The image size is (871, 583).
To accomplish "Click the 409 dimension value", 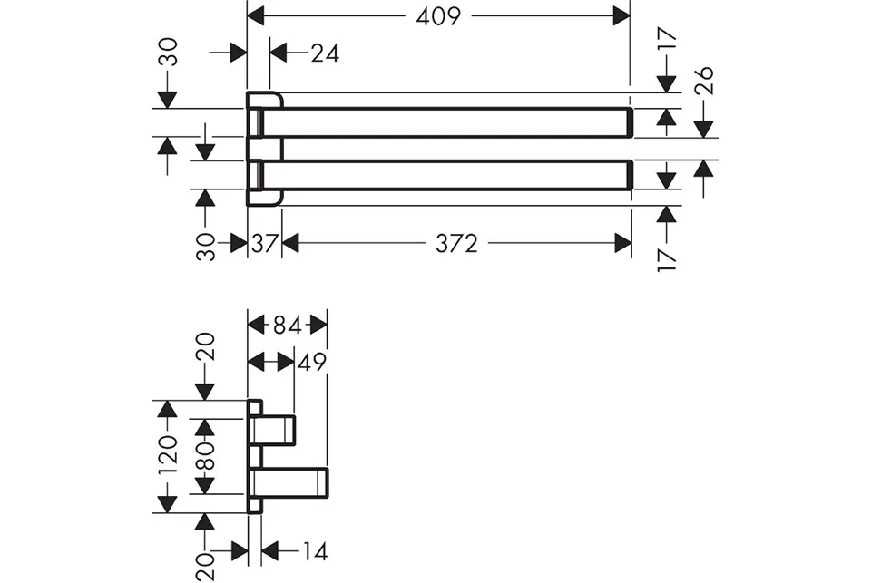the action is pyautogui.click(x=438, y=16).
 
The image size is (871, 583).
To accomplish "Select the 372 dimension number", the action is pyautogui.click(x=456, y=243).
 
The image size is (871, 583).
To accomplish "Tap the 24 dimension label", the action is pyautogui.click(x=325, y=53).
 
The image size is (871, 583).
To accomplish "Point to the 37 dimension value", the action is pyautogui.click(x=264, y=243).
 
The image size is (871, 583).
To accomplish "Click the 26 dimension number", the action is pyautogui.click(x=704, y=80).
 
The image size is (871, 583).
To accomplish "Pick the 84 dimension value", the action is pyautogui.click(x=288, y=326).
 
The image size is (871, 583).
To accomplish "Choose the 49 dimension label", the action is pyautogui.click(x=313, y=362).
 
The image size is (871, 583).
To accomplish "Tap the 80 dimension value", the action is pyautogui.click(x=205, y=456).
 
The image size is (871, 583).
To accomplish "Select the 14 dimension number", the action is pyautogui.click(x=315, y=551).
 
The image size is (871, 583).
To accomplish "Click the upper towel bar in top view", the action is pyautogui.click(x=444, y=121).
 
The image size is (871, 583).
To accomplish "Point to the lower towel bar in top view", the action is pyautogui.click(x=444, y=175).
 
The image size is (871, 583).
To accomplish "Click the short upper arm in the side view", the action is pyautogui.click(x=273, y=431).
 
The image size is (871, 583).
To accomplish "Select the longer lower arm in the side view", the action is pyautogui.click(x=289, y=483).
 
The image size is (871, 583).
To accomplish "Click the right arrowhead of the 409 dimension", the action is pyautogui.click(x=621, y=16).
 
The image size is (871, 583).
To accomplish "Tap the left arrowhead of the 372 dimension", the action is pyautogui.click(x=290, y=243).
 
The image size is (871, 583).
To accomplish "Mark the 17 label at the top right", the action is pyautogui.click(x=667, y=40).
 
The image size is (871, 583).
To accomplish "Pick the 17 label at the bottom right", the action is pyautogui.click(x=667, y=260).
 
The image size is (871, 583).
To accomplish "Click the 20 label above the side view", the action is pyautogui.click(x=205, y=347).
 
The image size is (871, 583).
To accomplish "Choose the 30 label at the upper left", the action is pyautogui.click(x=167, y=52).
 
